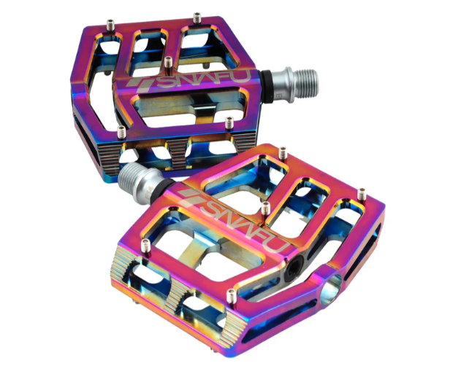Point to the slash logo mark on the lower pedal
click(190, 198)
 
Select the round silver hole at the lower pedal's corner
click(331, 289)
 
